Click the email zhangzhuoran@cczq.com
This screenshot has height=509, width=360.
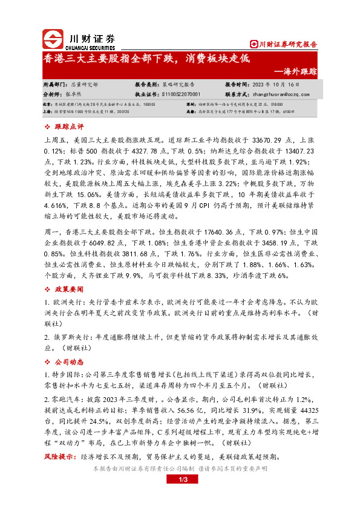tap(276, 94)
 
